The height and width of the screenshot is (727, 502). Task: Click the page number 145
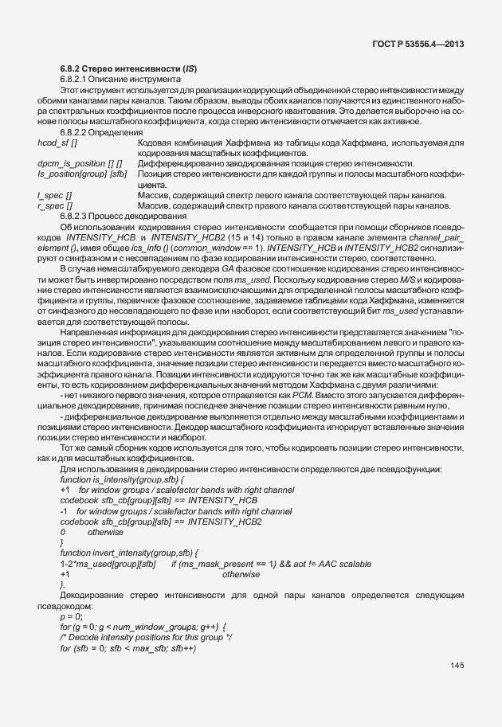click(x=457, y=666)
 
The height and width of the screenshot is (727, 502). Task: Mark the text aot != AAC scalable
click(x=337, y=563)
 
